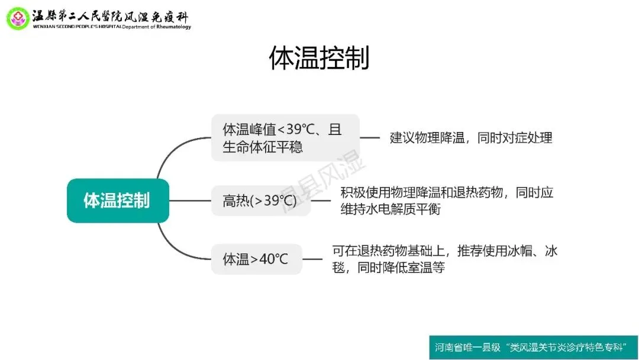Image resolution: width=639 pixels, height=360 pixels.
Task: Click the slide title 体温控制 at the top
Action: (319, 59)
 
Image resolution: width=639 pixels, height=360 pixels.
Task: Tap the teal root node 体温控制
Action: (117, 200)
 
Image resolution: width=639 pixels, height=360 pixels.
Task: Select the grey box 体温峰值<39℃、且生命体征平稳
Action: (285, 137)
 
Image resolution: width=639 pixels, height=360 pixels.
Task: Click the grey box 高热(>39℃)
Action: (260, 201)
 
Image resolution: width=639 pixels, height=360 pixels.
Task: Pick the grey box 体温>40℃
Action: (256, 259)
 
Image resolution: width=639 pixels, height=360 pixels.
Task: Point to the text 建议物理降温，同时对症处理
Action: (471, 138)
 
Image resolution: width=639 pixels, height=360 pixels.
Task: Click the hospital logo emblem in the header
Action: (17, 18)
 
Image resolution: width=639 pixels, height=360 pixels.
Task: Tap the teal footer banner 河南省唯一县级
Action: (534, 347)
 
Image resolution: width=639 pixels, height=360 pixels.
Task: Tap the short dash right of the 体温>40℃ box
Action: (312, 259)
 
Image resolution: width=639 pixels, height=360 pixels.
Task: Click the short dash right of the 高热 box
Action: (321, 200)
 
